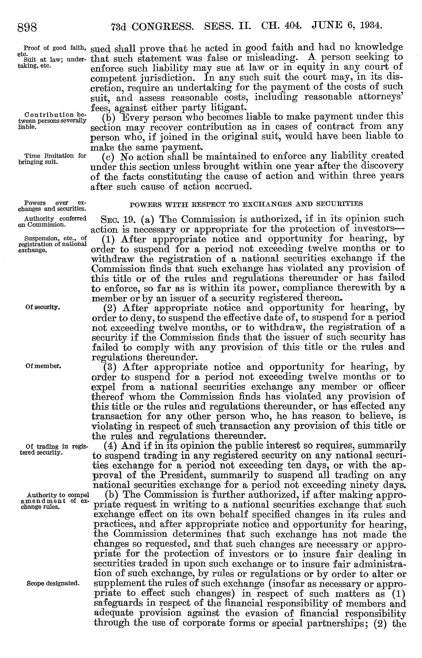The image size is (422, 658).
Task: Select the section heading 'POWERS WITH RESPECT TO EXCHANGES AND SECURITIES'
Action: (x=246, y=204)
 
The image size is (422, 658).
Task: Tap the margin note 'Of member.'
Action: (x=43, y=366)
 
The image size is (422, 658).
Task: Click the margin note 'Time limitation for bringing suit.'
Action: (x=52, y=159)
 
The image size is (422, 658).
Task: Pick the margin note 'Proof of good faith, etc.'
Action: (x=52, y=49)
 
